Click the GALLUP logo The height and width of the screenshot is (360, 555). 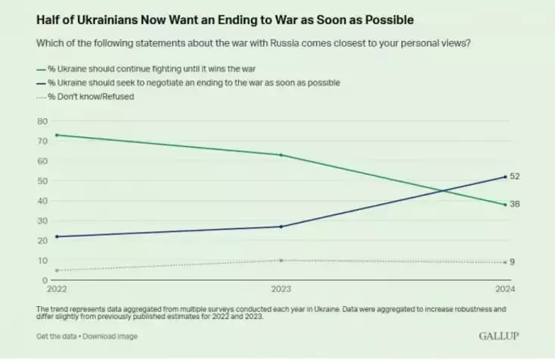pyautogui.click(x=497, y=335)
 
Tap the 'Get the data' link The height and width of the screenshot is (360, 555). pyautogui.click(x=57, y=336)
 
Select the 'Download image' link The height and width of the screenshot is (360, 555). pyautogui.click(x=111, y=336)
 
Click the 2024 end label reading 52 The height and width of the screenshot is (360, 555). pyautogui.click(x=515, y=176)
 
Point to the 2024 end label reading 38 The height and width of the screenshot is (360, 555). pyautogui.click(x=515, y=205)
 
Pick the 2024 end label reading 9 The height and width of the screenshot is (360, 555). pyautogui.click(x=513, y=262)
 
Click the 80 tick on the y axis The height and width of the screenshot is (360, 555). pyautogui.click(x=42, y=121)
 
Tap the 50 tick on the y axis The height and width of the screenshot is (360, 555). pyautogui.click(x=42, y=181)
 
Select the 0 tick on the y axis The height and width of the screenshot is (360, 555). pyautogui.click(x=45, y=280)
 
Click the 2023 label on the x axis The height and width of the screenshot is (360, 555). pyautogui.click(x=281, y=290)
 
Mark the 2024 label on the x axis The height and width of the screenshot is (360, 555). pyautogui.click(x=505, y=290)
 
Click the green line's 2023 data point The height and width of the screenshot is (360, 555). pyautogui.click(x=281, y=155)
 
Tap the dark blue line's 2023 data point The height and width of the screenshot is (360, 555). pyautogui.click(x=281, y=227)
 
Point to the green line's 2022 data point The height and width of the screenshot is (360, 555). pyautogui.click(x=57, y=135)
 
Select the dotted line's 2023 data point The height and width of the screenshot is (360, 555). pyautogui.click(x=281, y=260)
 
